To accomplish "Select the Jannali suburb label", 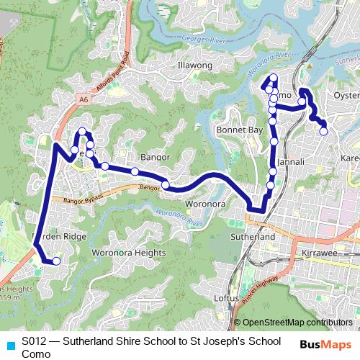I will point(291,163).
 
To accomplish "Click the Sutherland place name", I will point(253,236).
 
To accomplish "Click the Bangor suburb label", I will point(154,156).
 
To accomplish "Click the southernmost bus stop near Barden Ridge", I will point(56,261).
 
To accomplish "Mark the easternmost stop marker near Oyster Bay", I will point(324,131).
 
